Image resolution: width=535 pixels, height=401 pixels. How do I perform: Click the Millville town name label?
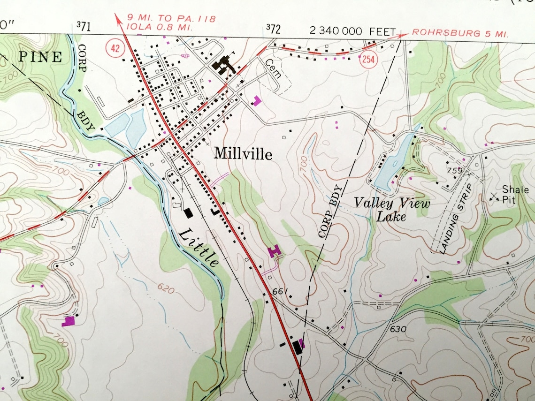[x=243, y=153]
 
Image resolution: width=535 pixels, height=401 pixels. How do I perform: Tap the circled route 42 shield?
[x=113, y=47]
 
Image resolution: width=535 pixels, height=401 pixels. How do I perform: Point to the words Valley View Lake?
[x=391, y=209]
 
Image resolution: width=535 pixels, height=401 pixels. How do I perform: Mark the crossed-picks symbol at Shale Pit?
[x=494, y=197]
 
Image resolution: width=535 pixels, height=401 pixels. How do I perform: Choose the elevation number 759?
[x=455, y=171]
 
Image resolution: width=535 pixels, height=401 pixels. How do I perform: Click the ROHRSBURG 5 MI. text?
[x=459, y=34]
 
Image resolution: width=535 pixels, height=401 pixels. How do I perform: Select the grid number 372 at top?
[x=273, y=29]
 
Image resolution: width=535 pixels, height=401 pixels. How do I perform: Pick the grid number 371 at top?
[x=83, y=27]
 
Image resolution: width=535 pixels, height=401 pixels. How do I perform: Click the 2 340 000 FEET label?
[x=353, y=31]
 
